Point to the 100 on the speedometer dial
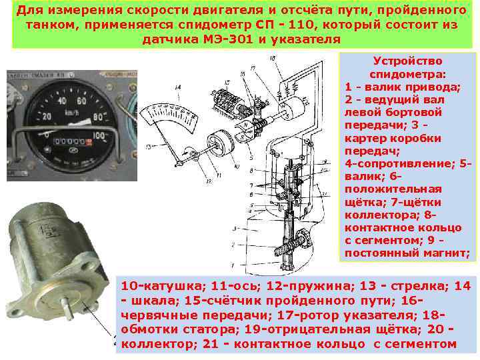99,135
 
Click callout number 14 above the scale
177,87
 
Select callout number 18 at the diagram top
274,59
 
